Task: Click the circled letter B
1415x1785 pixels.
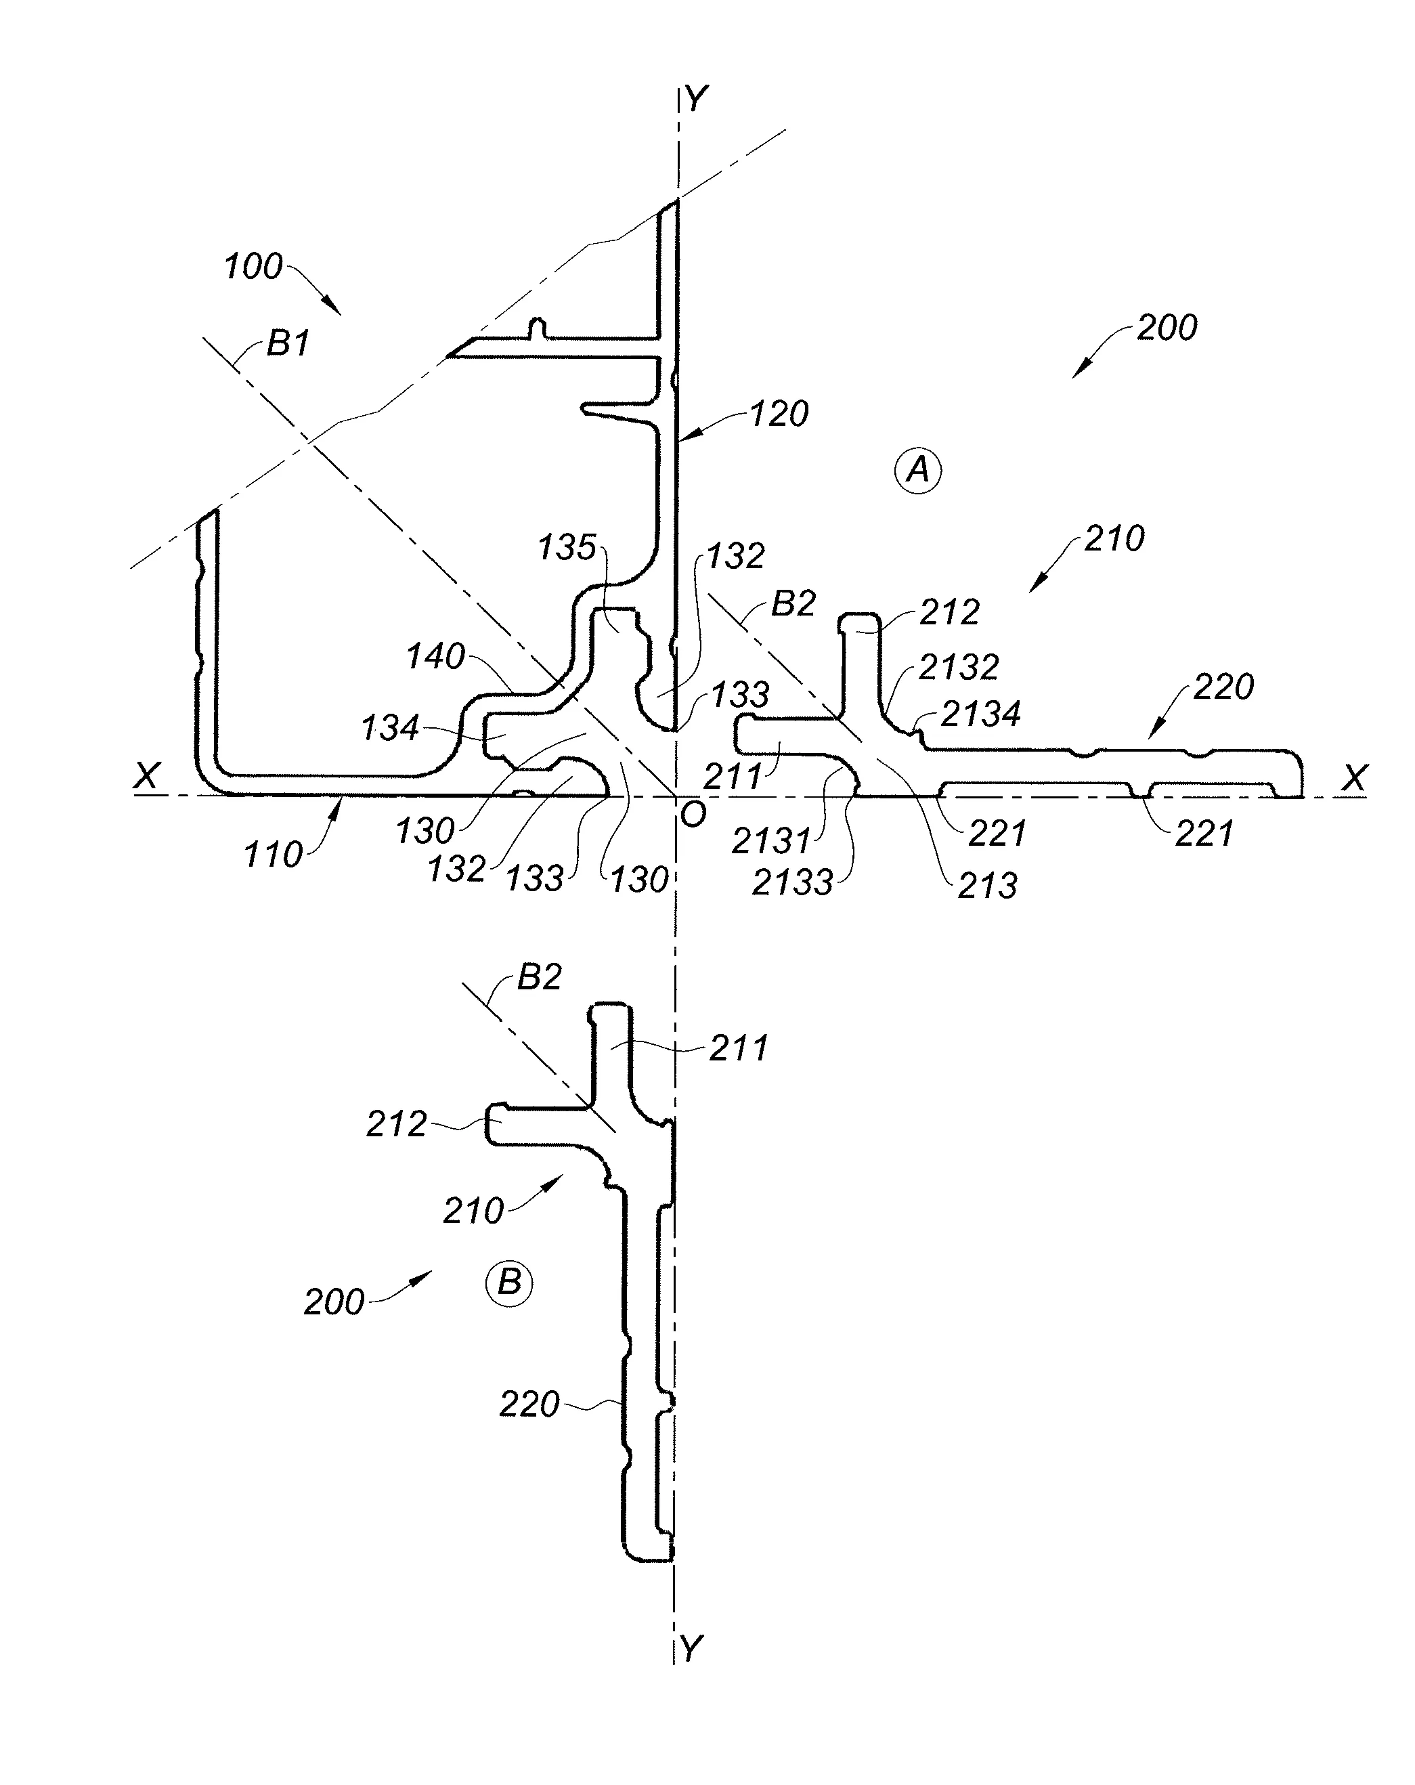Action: (x=508, y=1283)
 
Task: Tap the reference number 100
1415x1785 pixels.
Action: (x=253, y=267)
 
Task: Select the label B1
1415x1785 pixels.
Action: (x=287, y=343)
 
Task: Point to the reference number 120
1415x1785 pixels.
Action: (x=779, y=413)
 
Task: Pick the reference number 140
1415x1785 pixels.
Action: (x=435, y=657)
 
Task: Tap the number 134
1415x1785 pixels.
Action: (x=390, y=729)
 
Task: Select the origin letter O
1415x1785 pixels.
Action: (x=693, y=815)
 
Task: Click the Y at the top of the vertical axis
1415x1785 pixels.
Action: (x=695, y=100)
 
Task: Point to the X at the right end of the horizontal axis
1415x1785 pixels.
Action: (x=1355, y=777)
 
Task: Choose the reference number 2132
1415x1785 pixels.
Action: (x=959, y=666)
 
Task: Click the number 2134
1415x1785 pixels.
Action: (x=980, y=713)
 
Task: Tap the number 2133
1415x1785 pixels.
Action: (x=792, y=882)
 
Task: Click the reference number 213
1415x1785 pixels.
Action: (x=987, y=886)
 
